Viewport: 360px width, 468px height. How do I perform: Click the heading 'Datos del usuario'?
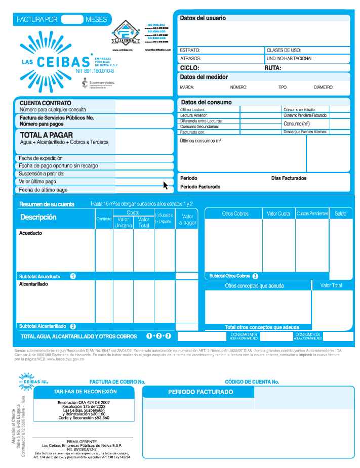[203, 18]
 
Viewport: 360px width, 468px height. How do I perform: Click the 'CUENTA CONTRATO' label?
[42, 103]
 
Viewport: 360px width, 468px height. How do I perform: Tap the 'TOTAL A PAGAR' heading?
[47, 135]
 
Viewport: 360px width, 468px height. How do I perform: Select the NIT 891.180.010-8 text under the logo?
[95, 71]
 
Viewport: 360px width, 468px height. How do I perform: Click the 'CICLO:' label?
[189, 67]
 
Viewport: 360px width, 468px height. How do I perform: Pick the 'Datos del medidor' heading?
[204, 77]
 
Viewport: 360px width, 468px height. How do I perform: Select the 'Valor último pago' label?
[37, 181]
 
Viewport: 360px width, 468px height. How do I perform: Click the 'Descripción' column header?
[38, 217]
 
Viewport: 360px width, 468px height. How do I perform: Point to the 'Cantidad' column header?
[104, 219]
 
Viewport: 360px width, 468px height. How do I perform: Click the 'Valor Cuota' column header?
[278, 214]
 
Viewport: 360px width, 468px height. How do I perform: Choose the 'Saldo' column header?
[341, 214]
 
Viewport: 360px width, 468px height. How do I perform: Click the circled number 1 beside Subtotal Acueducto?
[73, 277]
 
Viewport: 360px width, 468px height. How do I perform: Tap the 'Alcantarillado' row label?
[33, 285]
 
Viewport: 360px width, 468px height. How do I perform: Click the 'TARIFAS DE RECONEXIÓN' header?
[85, 392]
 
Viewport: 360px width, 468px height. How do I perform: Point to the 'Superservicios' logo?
[98, 83]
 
